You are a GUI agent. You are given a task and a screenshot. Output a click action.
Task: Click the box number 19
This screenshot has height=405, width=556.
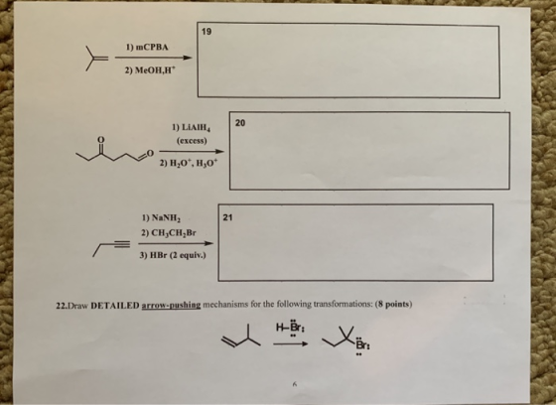[207, 32]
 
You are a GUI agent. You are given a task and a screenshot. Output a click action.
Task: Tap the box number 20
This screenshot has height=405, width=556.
[240, 123]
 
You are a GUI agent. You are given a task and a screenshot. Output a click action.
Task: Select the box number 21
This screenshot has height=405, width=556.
[227, 217]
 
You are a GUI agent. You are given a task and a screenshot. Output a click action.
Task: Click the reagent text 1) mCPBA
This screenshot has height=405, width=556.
[147, 48]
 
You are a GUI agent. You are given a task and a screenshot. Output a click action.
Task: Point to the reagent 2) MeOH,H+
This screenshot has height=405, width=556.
[150, 70]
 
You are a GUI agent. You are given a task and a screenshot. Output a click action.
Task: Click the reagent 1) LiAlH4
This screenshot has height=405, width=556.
[192, 127]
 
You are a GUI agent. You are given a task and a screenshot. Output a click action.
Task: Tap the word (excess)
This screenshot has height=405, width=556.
[192, 141]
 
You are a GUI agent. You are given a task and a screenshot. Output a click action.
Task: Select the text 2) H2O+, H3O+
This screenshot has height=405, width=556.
[190, 163]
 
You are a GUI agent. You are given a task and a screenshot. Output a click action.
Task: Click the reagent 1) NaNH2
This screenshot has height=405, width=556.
[161, 217]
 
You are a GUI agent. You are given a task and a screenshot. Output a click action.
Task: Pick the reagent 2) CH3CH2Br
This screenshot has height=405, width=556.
[169, 233]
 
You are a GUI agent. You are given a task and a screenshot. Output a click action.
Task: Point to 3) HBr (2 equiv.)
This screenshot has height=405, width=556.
[173, 255]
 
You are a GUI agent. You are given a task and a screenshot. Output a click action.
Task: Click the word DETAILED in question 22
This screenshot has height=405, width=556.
[115, 305]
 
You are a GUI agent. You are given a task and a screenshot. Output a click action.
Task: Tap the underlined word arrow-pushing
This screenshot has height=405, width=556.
[171, 305]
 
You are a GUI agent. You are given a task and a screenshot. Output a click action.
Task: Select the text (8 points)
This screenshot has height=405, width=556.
[393, 305]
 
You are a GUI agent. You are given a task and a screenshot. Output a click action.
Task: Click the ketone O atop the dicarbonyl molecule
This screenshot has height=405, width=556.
[100, 139]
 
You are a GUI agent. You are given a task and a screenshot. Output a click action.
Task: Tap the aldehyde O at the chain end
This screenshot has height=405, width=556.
[150, 153]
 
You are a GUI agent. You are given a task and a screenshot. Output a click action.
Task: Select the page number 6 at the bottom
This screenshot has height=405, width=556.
[294, 384]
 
